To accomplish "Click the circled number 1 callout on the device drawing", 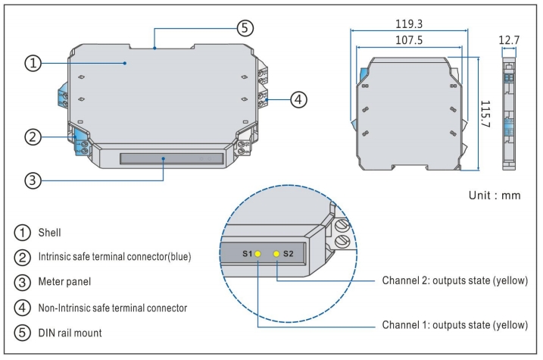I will pos(31,63).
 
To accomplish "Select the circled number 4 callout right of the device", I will pos(299,99).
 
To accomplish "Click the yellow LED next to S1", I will pos(258,255).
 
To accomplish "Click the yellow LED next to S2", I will pos(277,255).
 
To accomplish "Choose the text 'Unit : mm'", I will pos(495,195).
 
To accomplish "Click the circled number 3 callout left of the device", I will pos(31,180).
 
